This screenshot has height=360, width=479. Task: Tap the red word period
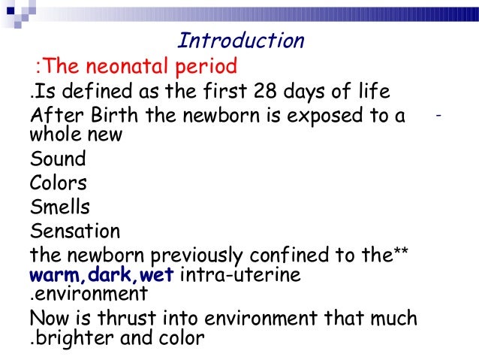coord(206,67)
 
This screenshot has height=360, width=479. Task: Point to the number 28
coord(263,92)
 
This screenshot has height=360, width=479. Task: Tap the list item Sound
coord(57,159)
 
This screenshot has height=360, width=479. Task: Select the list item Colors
coord(59,183)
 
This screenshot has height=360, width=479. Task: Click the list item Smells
coord(59,206)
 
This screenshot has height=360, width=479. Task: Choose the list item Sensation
coord(74,230)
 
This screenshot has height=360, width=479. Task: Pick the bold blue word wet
coord(157,275)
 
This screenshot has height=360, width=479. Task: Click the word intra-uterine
coord(239,274)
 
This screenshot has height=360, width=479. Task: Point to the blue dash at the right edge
coord(438,116)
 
